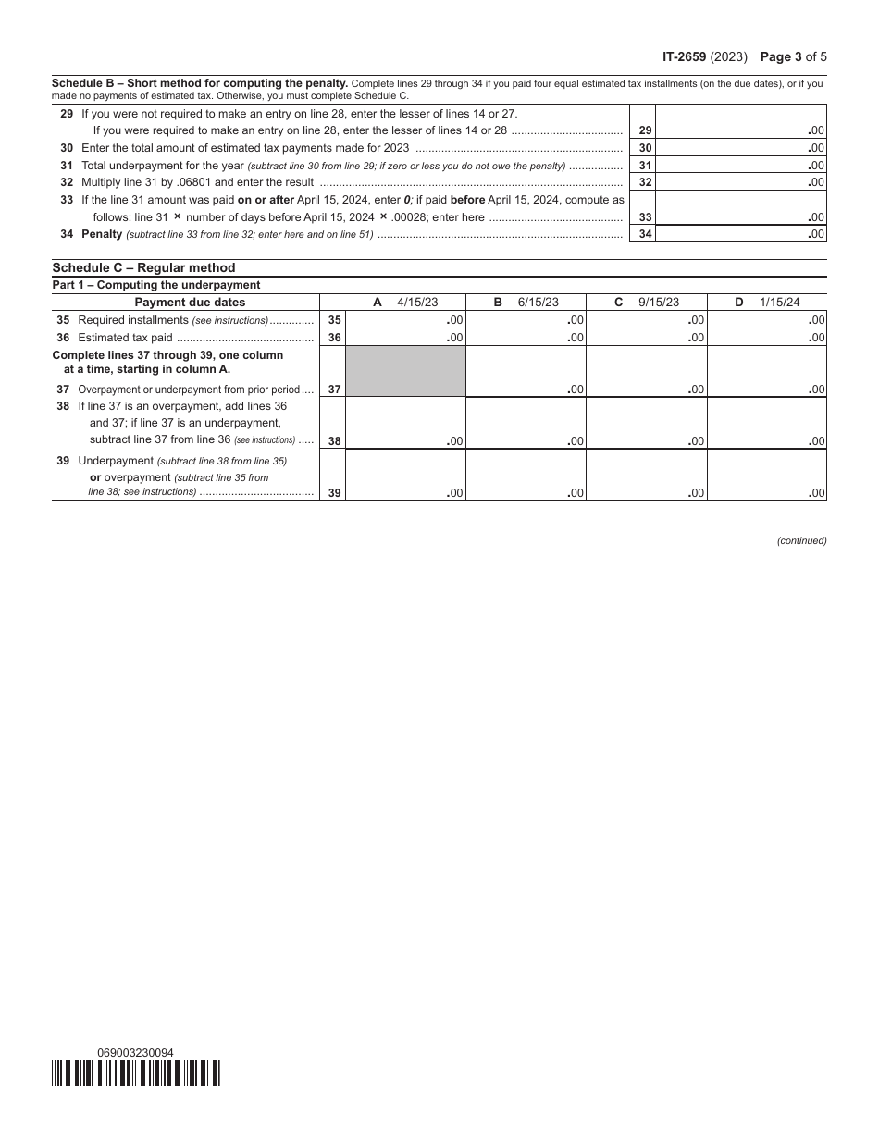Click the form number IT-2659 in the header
685,56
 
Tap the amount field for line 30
740,148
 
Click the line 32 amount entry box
740,182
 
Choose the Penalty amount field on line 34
740,234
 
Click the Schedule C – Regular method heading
143,268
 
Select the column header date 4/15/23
417,303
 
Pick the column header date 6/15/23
539,303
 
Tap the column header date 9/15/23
659,303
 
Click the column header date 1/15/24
780,303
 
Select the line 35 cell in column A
405,320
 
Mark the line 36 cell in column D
766,338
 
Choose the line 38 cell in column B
526,424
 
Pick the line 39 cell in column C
646,476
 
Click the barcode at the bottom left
136,1073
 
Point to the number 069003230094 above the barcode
135,1053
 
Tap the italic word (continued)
801,540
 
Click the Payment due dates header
190,303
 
